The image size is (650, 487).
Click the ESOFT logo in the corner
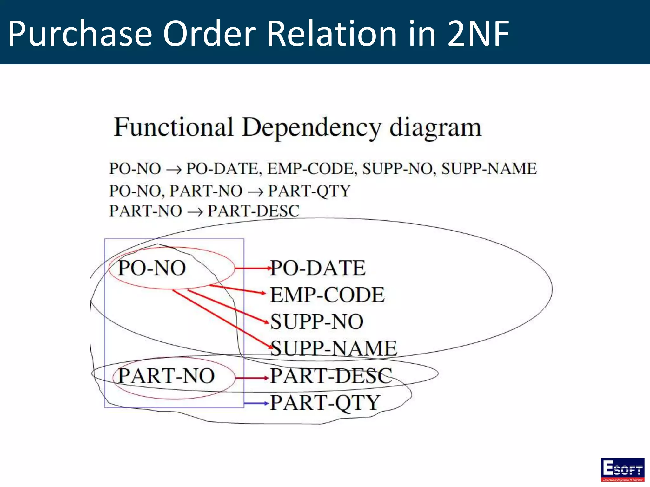pyautogui.click(x=622, y=469)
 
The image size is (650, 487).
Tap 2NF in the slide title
pyautogui.click(x=478, y=33)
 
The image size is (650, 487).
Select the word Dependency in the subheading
pyautogui.click(x=311, y=128)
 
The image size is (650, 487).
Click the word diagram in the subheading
pyautogui.click(x=435, y=128)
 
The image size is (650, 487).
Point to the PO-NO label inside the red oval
pyautogui.click(x=152, y=268)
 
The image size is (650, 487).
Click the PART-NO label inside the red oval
pyautogui.click(x=166, y=376)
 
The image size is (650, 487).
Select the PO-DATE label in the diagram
pyautogui.click(x=318, y=268)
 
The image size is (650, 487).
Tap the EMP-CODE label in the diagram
pyautogui.click(x=327, y=295)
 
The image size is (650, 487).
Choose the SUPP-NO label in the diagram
pyautogui.click(x=317, y=322)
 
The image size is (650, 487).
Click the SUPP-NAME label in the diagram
pyautogui.click(x=334, y=348)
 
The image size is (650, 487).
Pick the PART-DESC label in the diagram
pyautogui.click(x=331, y=376)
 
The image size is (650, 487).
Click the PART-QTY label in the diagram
pyautogui.click(x=325, y=403)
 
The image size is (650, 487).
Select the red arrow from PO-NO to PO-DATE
pyautogui.click(x=252, y=268)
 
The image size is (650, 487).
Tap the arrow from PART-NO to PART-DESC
pyautogui.click(x=252, y=378)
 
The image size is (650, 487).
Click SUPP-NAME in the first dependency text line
pyautogui.click(x=489, y=169)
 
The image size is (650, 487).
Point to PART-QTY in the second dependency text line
pyautogui.click(x=309, y=191)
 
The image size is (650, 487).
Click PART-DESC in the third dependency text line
pyautogui.click(x=253, y=211)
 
